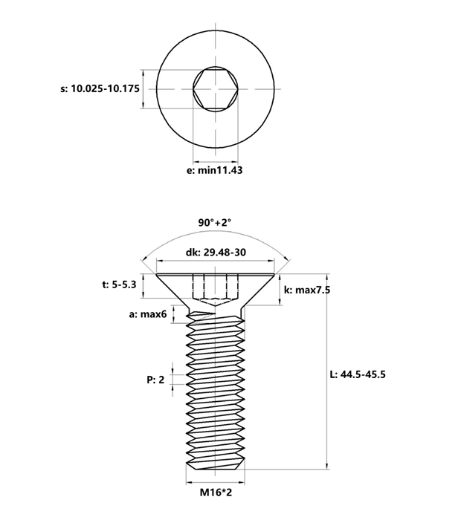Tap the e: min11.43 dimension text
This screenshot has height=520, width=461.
(x=216, y=170)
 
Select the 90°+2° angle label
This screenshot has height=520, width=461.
(x=216, y=222)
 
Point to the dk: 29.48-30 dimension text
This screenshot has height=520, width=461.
(x=216, y=253)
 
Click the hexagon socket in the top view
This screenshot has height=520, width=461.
(x=216, y=90)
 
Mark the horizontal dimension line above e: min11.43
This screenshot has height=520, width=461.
(x=216, y=160)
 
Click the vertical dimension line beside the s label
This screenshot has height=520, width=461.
(x=142, y=90)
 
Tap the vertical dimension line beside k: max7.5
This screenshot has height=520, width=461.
(x=280, y=290)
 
